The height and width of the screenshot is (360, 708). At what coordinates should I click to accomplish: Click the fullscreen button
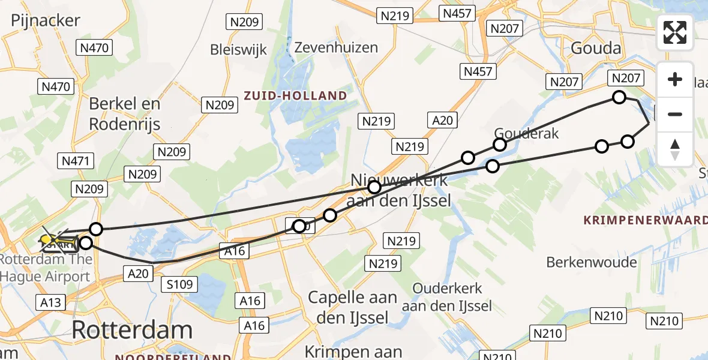pyautogui.click(x=675, y=32)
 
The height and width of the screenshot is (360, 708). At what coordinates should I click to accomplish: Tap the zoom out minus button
pyautogui.click(x=675, y=114)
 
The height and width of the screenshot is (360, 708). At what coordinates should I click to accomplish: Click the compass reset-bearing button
pyautogui.click(x=675, y=149)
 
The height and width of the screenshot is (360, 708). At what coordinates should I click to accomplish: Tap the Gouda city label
pyautogui.click(x=594, y=48)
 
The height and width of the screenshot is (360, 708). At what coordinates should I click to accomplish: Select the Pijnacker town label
pyautogui.click(x=45, y=20)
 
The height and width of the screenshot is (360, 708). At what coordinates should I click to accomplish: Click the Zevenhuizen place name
pyautogui.click(x=336, y=47)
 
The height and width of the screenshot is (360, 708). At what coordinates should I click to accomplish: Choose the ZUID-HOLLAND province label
pyautogui.click(x=295, y=95)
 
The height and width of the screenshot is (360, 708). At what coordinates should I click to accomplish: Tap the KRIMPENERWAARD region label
pyautogui.click(x=645, y=220)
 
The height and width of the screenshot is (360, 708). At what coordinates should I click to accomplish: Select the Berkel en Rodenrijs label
pyautogui.click(x=125, y=113)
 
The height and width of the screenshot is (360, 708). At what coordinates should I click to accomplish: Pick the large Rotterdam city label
pyautogui.click(x=132, y=329)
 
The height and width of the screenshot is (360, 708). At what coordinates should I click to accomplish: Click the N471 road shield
pyautogui.click(x=76, y=161)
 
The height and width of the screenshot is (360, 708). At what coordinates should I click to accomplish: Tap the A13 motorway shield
pyautogui.click(x=50, y=302)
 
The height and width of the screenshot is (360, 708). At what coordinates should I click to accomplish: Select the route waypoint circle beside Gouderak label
pyautogui.click(x=500, y=145)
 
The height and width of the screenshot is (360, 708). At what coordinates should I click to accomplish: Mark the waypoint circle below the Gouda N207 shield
pyautogui.click(x=619, y=97)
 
